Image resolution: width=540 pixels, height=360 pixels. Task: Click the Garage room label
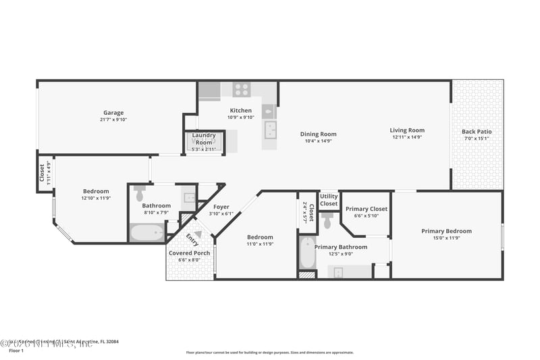pos(113,113)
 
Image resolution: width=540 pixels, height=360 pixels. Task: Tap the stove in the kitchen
pos(242,89)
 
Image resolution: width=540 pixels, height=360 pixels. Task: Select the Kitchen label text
pos(240,110)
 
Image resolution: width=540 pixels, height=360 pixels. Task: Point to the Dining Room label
pos(318,134)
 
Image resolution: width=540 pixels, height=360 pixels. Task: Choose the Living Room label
pos(407,130)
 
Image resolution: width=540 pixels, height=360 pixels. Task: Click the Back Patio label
pos(477,132)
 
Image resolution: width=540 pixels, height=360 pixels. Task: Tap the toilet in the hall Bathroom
pos(140,194)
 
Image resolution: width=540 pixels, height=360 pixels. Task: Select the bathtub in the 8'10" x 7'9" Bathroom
pos(146,233)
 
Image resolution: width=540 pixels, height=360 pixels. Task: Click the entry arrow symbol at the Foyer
pos(198,234)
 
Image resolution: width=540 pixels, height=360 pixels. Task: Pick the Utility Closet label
pos(329,200)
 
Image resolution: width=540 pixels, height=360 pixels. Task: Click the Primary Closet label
pos(367,209)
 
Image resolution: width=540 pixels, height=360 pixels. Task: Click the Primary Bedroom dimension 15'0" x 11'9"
pos(446,238)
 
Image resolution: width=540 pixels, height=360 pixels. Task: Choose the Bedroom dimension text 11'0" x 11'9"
pos(260,244)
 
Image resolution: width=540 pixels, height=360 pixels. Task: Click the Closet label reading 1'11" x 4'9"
pos(45,174)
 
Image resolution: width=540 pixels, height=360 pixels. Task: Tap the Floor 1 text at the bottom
pos(16,351)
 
